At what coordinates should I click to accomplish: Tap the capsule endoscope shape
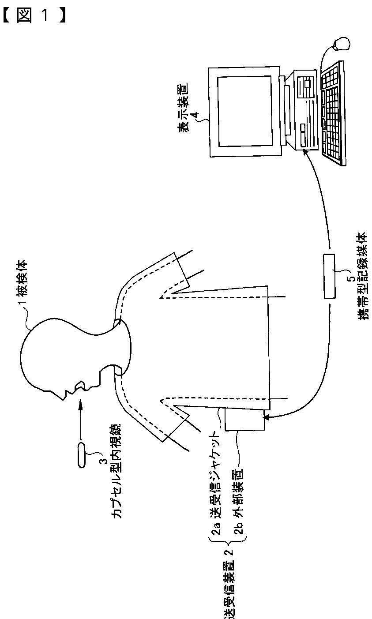click(x=82, y=454)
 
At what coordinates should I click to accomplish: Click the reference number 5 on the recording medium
click(x=349, y=279)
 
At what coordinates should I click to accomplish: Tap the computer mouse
click(x=342, y=44)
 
